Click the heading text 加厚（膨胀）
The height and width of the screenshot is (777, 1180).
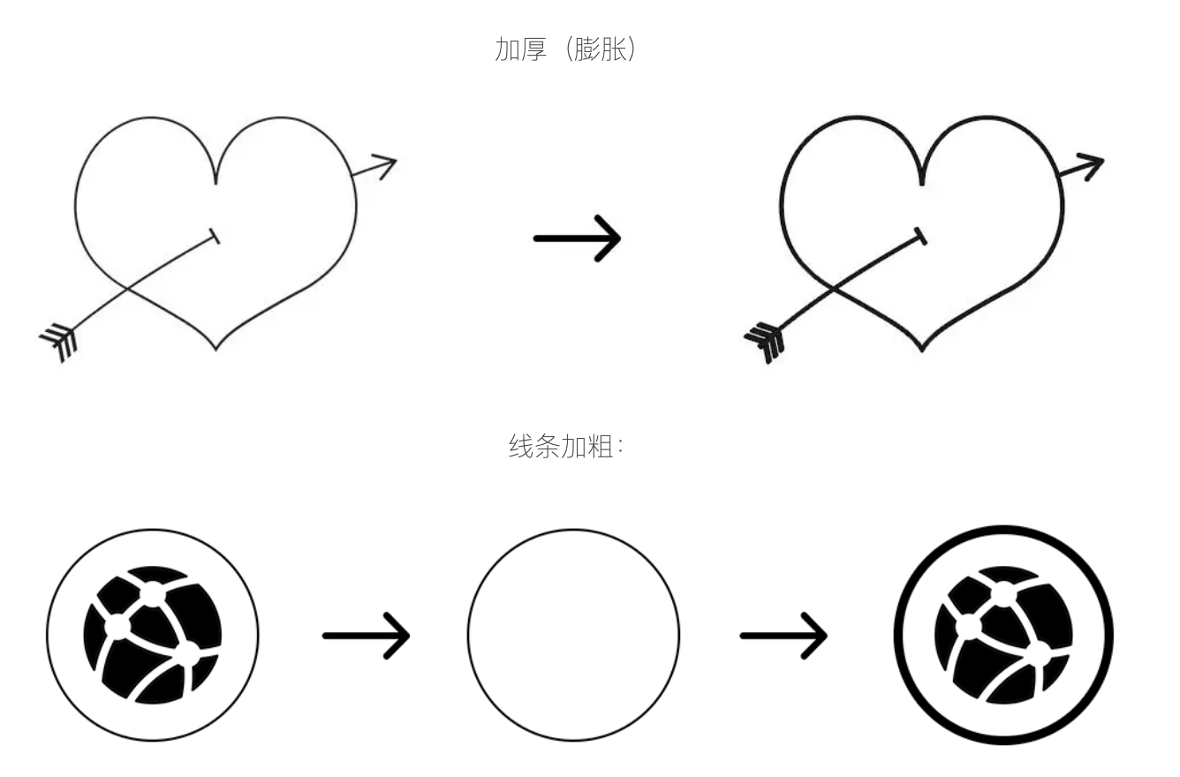coord(566,49)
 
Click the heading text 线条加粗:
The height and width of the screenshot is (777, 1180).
coord(566,447)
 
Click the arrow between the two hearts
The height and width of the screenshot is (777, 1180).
coord(578,238)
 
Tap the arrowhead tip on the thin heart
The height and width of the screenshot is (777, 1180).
coord(397,159)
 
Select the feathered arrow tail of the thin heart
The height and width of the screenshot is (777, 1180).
coord(58,342)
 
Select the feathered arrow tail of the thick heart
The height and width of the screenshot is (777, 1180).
coord(764,343)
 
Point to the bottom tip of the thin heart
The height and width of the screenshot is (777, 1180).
coord(216,350)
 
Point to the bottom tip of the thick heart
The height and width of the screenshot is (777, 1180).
coord(922,351)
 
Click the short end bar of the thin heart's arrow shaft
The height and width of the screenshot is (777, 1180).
coord(215,236)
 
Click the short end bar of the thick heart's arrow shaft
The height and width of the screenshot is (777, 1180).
coord(920,237)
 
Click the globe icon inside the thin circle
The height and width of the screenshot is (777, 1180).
coord(153,635)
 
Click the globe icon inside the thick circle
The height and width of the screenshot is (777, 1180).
coord(1003,635)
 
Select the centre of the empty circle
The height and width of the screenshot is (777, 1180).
coord(574,635)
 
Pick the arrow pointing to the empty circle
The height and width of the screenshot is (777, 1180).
coord(367,636)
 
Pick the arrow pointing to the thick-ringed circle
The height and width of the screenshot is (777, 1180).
coord(783,636)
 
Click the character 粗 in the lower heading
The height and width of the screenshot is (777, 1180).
coord(600,447)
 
